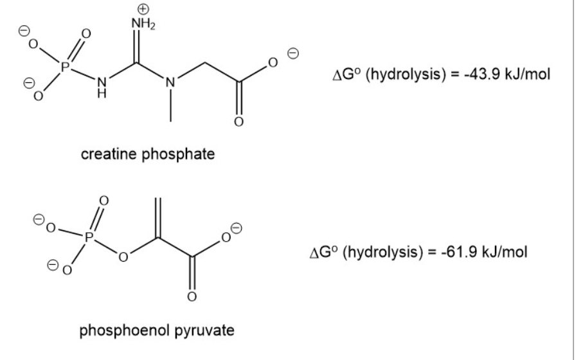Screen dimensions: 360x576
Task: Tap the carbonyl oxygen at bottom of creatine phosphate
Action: [239, 122]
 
